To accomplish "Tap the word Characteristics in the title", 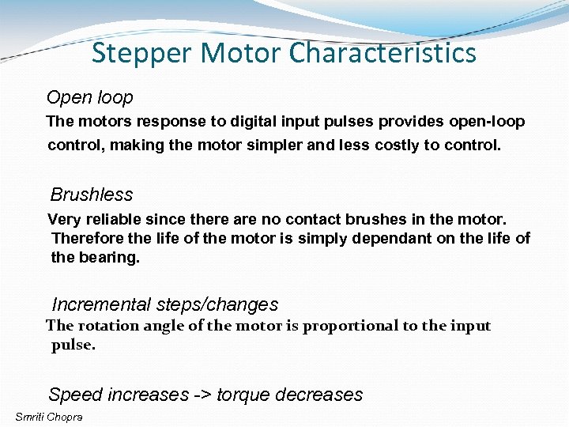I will click(382, 54).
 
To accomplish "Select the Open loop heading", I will click(89, 98).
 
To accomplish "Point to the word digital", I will click(255, 122).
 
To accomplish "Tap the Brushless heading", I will click(92, 195).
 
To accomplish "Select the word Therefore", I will click(87, 238).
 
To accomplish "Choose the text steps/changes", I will click(217, 304).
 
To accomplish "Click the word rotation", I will click(104, 326).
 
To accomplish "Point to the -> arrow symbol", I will click(202, 395).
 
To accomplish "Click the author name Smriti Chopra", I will click(49, 417).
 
